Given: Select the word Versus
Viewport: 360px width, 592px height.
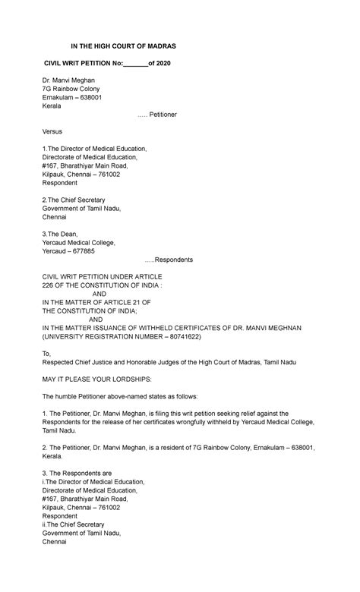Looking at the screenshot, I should point(53,131).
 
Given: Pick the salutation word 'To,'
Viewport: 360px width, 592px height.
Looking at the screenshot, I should point(47,353).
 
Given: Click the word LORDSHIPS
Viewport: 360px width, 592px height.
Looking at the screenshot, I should point(128,378).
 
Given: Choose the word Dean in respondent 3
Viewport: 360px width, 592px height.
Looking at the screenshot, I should point(68,235).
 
